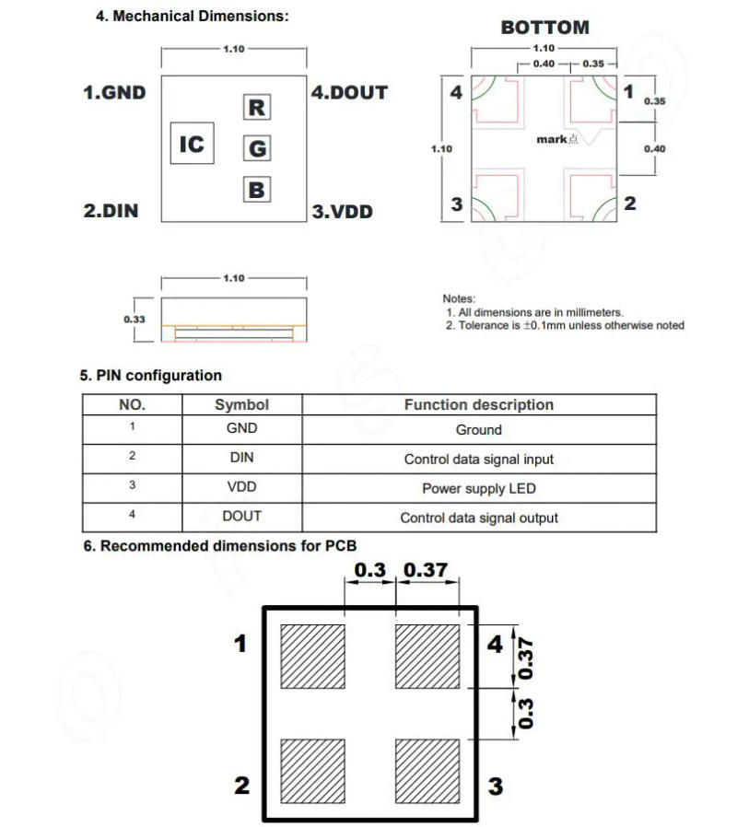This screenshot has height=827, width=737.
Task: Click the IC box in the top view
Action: pyautogui.click(x=192, y=145)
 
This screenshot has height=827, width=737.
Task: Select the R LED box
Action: pyautogui.click(x=257, y=108)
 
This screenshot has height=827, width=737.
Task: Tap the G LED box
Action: pyautogui.click(x=257, y=147)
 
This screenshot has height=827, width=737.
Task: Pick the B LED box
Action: pyautogui.click(x=257, y=190)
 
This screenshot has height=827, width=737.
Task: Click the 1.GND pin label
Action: pyautogui.click(x=114, y=93)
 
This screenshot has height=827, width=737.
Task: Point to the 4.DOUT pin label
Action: pyautogui.click(x=349, y=93)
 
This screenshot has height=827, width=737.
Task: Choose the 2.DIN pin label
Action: pyautogui.click(x=111, y=211)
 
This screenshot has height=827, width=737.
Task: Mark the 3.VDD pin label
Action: pyautogui.click(x=342, y=212)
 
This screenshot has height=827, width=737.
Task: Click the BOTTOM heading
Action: pyautogui.click(x=544, y=28)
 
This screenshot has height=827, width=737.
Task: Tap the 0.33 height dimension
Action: pyautogui.click(x=134, y=319)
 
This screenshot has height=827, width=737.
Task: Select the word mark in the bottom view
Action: pyautogui.click(x=552, y=139)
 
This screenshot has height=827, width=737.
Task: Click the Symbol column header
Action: pyautogui.click(x=241, y=404)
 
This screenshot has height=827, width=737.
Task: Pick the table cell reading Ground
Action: pyautogui.click(x=479, y=430)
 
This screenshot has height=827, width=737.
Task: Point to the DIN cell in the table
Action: pyautogui.click(x=241, y=458)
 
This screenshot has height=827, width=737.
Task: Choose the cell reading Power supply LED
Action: pyautogui.click(x=479, y=488)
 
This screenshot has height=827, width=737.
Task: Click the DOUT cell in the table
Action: pyautogui.click(x=241, y=517)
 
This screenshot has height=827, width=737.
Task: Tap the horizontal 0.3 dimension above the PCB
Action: pyautogui.click(x=370, y=571)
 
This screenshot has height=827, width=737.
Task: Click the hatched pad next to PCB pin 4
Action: pyautogui.click(x=427, y=656)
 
